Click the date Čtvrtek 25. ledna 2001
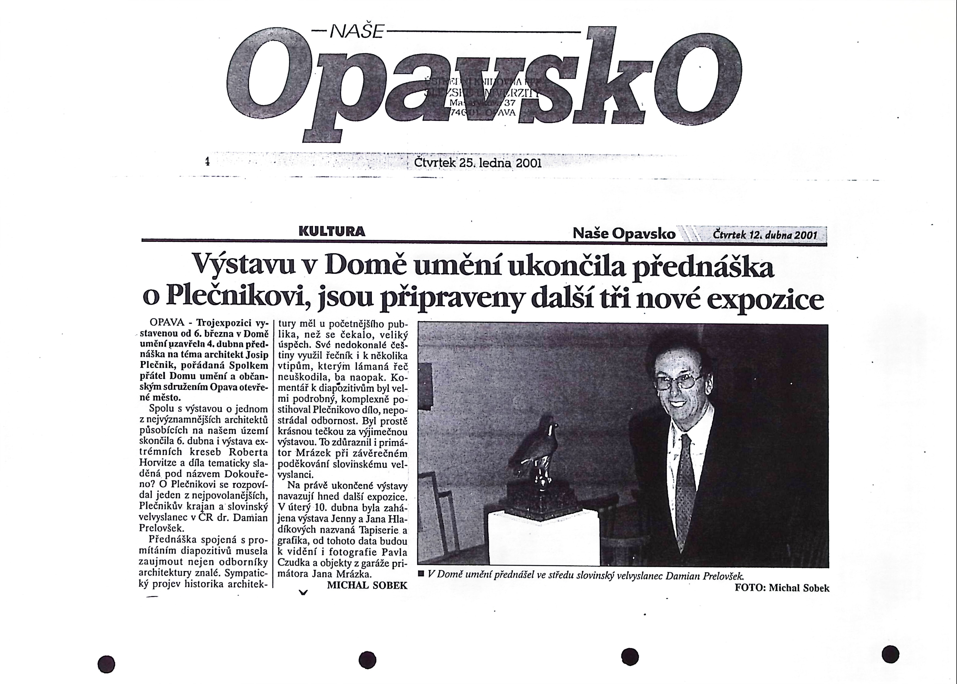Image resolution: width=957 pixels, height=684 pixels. (x=477, y=163)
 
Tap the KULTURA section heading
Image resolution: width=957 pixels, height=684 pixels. (x=332, y=231)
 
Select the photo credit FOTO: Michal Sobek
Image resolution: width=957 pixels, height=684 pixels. (x=782, y=588)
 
